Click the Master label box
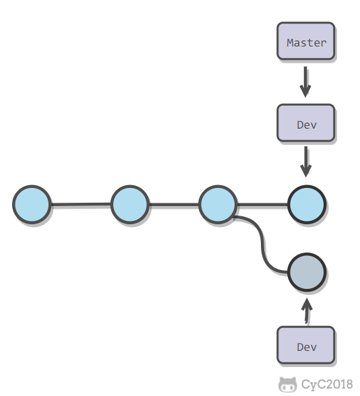click(x=306, y=41)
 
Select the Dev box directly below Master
click(x=306, y=123)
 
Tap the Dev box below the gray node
click(x=306, y=345)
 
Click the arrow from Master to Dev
click(x=305, y=82)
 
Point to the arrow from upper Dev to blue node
click(x=306, y=162)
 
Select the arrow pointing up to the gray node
click(x=307, y=310)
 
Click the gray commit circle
click(x=307, y=272)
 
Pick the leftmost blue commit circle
click(x=32, y=204)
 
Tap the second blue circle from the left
click(x=130, y=204)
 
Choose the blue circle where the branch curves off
click(x=218, y=204)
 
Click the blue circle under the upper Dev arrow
click(x=307, y=204)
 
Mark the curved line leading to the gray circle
click(x=262, y=244)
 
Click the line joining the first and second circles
click(x=81, y=204)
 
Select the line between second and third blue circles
click(x=174, y=204)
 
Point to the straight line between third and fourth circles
click(x=262, y=204)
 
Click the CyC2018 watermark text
click(x=327, y=384)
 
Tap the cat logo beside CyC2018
click(x=288, y=384)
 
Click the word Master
click(x=306, y=42)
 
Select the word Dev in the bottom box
click(x=307, y=347)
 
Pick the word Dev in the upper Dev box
click(x=307, y=125)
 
